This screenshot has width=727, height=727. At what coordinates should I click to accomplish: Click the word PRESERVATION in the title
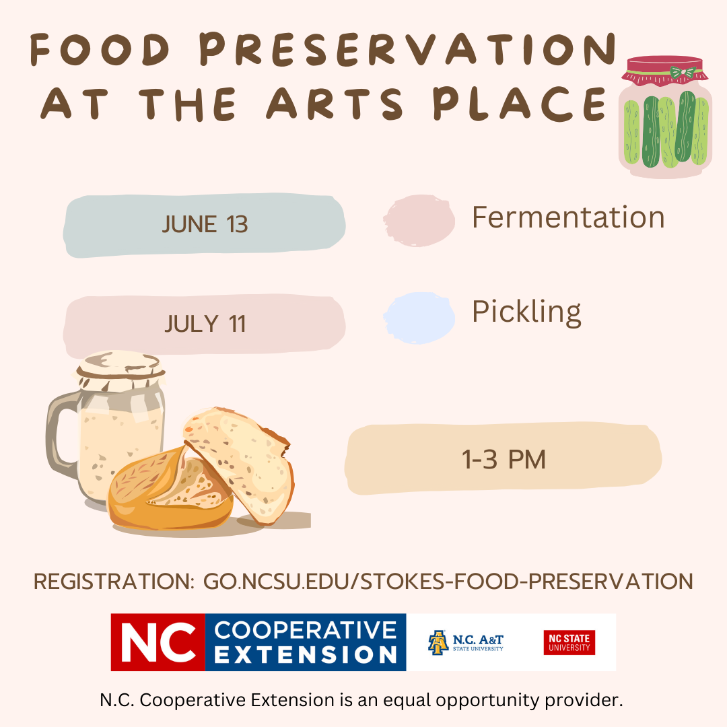click(408, 49)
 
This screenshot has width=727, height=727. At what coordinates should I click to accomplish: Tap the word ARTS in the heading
click(335, 104)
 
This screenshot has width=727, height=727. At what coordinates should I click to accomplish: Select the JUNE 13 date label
click(205, 224)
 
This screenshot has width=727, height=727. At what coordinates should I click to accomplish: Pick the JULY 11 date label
click(205, 324)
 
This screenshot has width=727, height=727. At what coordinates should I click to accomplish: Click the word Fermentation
click(568, 217)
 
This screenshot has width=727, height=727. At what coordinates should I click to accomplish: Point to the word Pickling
click(526, 312)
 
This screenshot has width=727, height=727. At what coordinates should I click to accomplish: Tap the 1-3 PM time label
click(504, 460)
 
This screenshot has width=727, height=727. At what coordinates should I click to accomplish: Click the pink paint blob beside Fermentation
click(419, 220)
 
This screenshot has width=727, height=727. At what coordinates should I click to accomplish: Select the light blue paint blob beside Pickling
click(419, 318)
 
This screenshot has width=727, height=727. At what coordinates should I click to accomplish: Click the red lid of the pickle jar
click(664, 69)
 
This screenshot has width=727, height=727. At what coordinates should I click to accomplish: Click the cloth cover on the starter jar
click(120, 370)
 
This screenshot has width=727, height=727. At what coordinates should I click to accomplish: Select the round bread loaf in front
click(170, 491)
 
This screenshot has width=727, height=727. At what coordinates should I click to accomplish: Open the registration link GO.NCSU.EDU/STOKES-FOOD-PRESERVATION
click(448, 582)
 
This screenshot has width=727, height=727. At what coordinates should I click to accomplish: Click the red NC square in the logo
click(158, 642)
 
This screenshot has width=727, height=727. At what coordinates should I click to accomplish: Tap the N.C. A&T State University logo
click(466, 642)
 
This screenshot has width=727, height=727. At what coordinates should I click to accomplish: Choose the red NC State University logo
click(569, 643)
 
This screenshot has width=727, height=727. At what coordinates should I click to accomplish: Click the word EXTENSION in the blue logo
click(305, 654)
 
